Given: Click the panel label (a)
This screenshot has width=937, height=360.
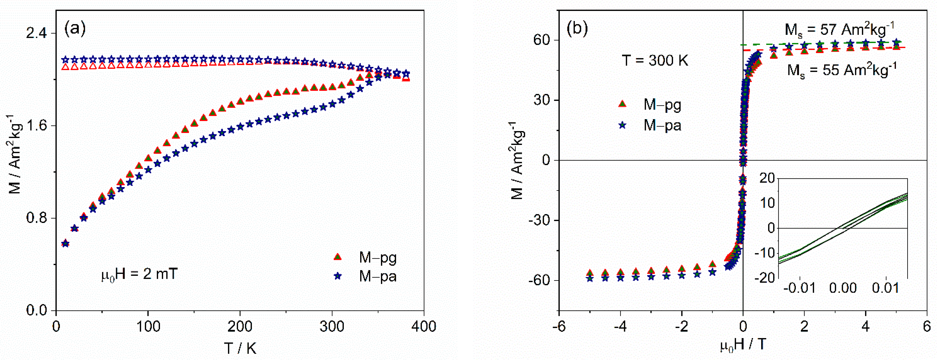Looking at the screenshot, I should point(75,28).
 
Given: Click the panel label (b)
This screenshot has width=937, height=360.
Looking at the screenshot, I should point(577,28).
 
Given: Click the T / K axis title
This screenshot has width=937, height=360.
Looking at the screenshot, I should point(240,348).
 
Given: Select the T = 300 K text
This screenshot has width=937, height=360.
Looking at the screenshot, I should point(655,60).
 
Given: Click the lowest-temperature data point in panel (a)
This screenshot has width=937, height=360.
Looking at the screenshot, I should point(65,243).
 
